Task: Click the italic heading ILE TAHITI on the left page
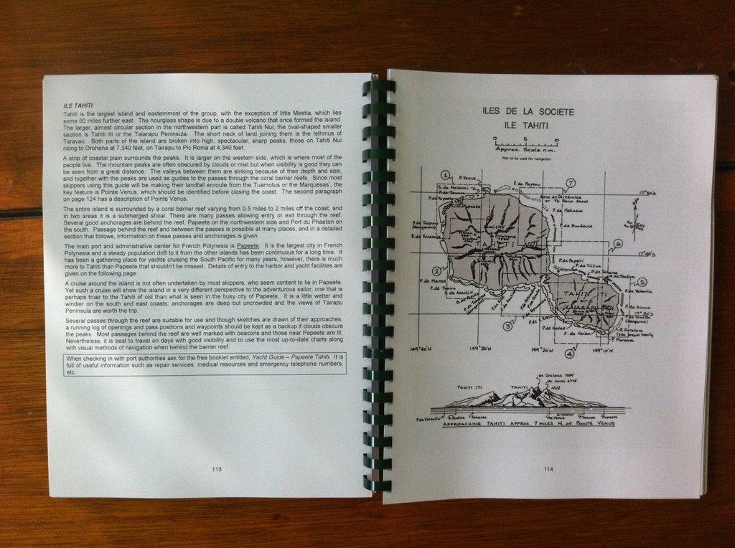(x=78, y=105)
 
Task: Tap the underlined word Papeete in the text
(x=248, y=245)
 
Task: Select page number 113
(x=217, y=469)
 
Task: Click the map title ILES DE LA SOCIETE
(x=528, y=112)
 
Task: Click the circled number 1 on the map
(x=445, y=174)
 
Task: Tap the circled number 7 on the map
(x=571, y=183)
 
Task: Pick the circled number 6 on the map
(x=618, y=244)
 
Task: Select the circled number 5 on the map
(x=642, y=283)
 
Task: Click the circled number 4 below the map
(x=569, y=353)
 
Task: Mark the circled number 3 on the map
(x=507, y=326)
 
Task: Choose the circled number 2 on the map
(x=436, y=271)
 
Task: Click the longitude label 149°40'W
(x=420, y=350)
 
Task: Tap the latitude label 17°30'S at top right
(x=647, y=194)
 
